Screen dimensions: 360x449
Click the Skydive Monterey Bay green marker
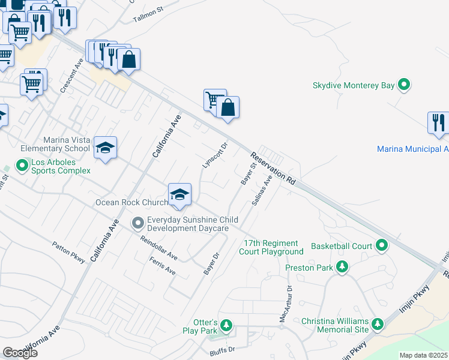point(405,85)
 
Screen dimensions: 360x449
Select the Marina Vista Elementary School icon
point(105,148)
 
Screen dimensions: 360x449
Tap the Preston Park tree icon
point(342,266)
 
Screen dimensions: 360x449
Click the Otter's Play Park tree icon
point(226,326)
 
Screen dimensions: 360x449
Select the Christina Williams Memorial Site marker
point(378,325)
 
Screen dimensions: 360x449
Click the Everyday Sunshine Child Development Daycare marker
point(138,224)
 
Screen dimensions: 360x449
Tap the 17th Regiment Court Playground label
point(271,247)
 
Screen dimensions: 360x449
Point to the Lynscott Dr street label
point(216,155)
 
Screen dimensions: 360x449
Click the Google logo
point(20,353)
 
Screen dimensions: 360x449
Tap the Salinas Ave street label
point(262,191)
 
